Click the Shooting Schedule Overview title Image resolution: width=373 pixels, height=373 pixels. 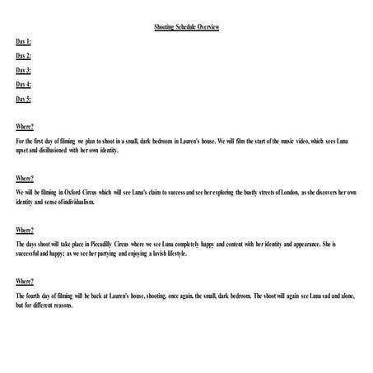click(x=186, y=27)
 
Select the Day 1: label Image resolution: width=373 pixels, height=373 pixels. click(x=23, y=41)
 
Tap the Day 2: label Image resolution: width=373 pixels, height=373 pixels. click(x=23, y=56)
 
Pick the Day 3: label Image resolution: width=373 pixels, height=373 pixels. click(x=23, y=70)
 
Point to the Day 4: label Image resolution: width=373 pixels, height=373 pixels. click(x=23, y=84)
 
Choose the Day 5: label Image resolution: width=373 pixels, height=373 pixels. click(x=23, y=99)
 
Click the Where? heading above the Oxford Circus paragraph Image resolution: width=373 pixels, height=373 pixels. click(x=25, y=178)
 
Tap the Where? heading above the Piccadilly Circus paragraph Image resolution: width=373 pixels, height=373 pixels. click(x=25, y=230)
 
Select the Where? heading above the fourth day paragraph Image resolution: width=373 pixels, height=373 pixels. click(x=25, y=282)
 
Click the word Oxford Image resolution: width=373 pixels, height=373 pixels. click(x=86, y=193)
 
